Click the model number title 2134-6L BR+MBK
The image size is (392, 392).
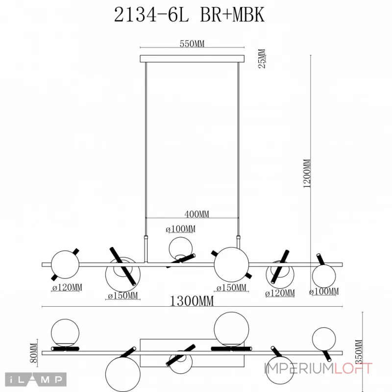tap(189, 15)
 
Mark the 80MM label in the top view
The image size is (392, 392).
tap(34, 351)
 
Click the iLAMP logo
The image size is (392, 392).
tap(37, 379)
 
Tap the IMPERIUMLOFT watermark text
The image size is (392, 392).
tap(318, 368)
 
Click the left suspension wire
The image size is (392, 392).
tap(146, 147)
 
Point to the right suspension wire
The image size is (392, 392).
tap(239, 147)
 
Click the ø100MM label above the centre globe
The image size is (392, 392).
tap(180, 229)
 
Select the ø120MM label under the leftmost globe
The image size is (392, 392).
tap(67, 287)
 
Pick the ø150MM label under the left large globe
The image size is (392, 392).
tap(123, 295)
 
